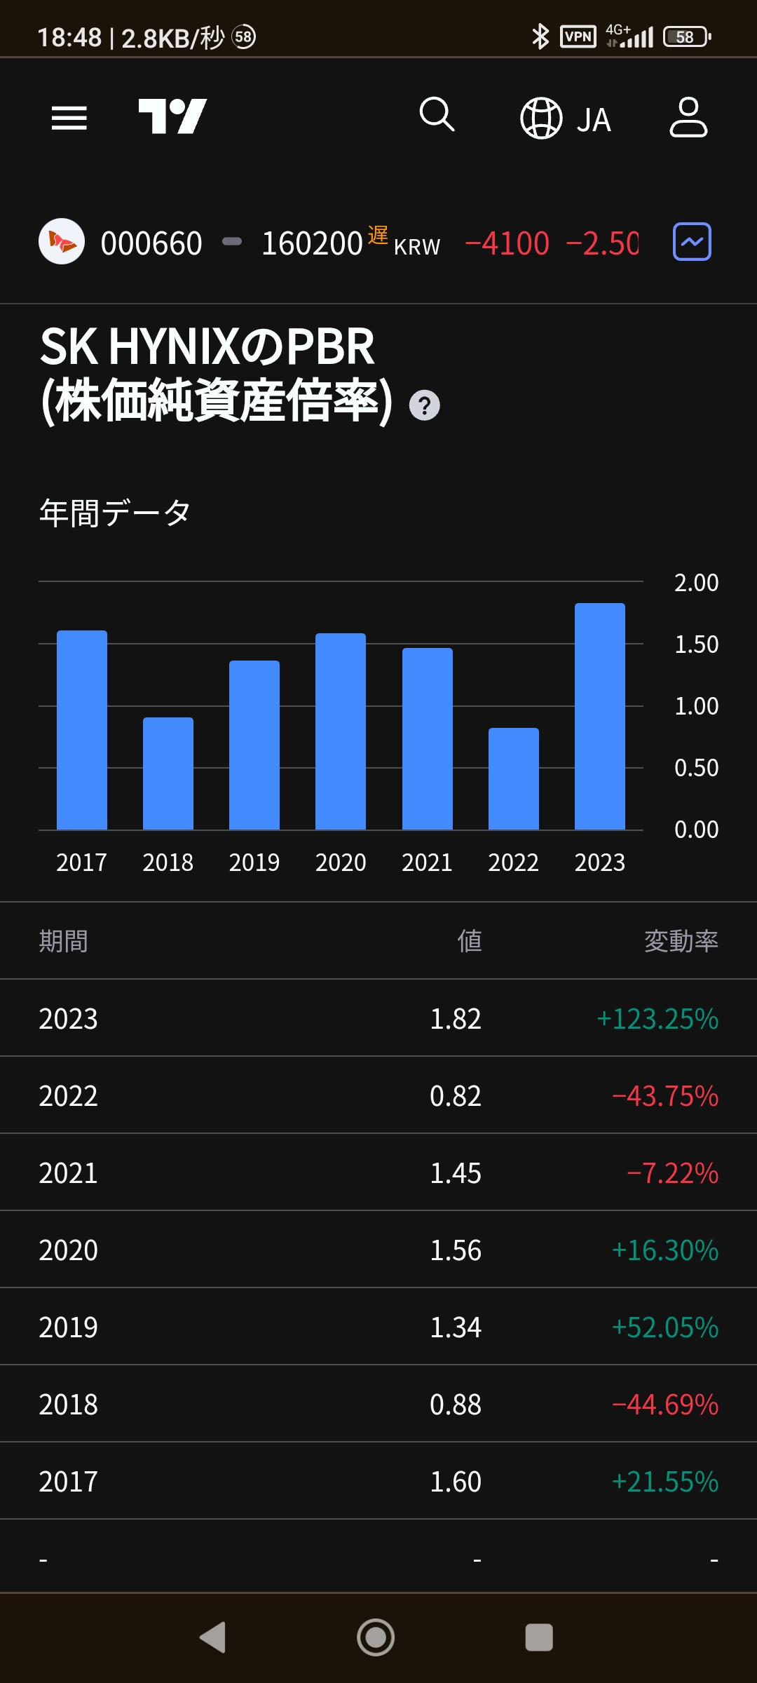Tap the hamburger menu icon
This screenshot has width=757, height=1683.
pos(69,118)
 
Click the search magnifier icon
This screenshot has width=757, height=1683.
pos(437,114)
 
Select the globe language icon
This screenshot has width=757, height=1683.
pos(541,119)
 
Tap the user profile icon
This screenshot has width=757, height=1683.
pos(688,117)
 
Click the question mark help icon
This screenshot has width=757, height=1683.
pos(424,406)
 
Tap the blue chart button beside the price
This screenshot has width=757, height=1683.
pos(692,242)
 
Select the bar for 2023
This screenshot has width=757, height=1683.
pos(599,716)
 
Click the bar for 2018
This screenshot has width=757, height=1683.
pos(168,773)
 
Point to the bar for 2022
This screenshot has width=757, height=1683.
pos(513,778)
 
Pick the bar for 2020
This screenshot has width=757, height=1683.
pos(341,731)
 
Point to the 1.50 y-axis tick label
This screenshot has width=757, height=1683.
pos(696,644)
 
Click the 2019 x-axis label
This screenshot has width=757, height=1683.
pos(254,863)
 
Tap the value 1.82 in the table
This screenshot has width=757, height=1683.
pos(455,1019)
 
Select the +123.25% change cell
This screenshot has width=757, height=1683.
pos(657,1019)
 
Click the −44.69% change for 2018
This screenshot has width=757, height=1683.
pos(664,1405)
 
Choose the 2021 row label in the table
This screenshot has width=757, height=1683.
pos(68,1173)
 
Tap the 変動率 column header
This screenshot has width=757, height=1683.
pos(681,941)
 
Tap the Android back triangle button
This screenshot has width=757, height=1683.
pos(212,1637)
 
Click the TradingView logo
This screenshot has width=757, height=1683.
pos(172,116)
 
